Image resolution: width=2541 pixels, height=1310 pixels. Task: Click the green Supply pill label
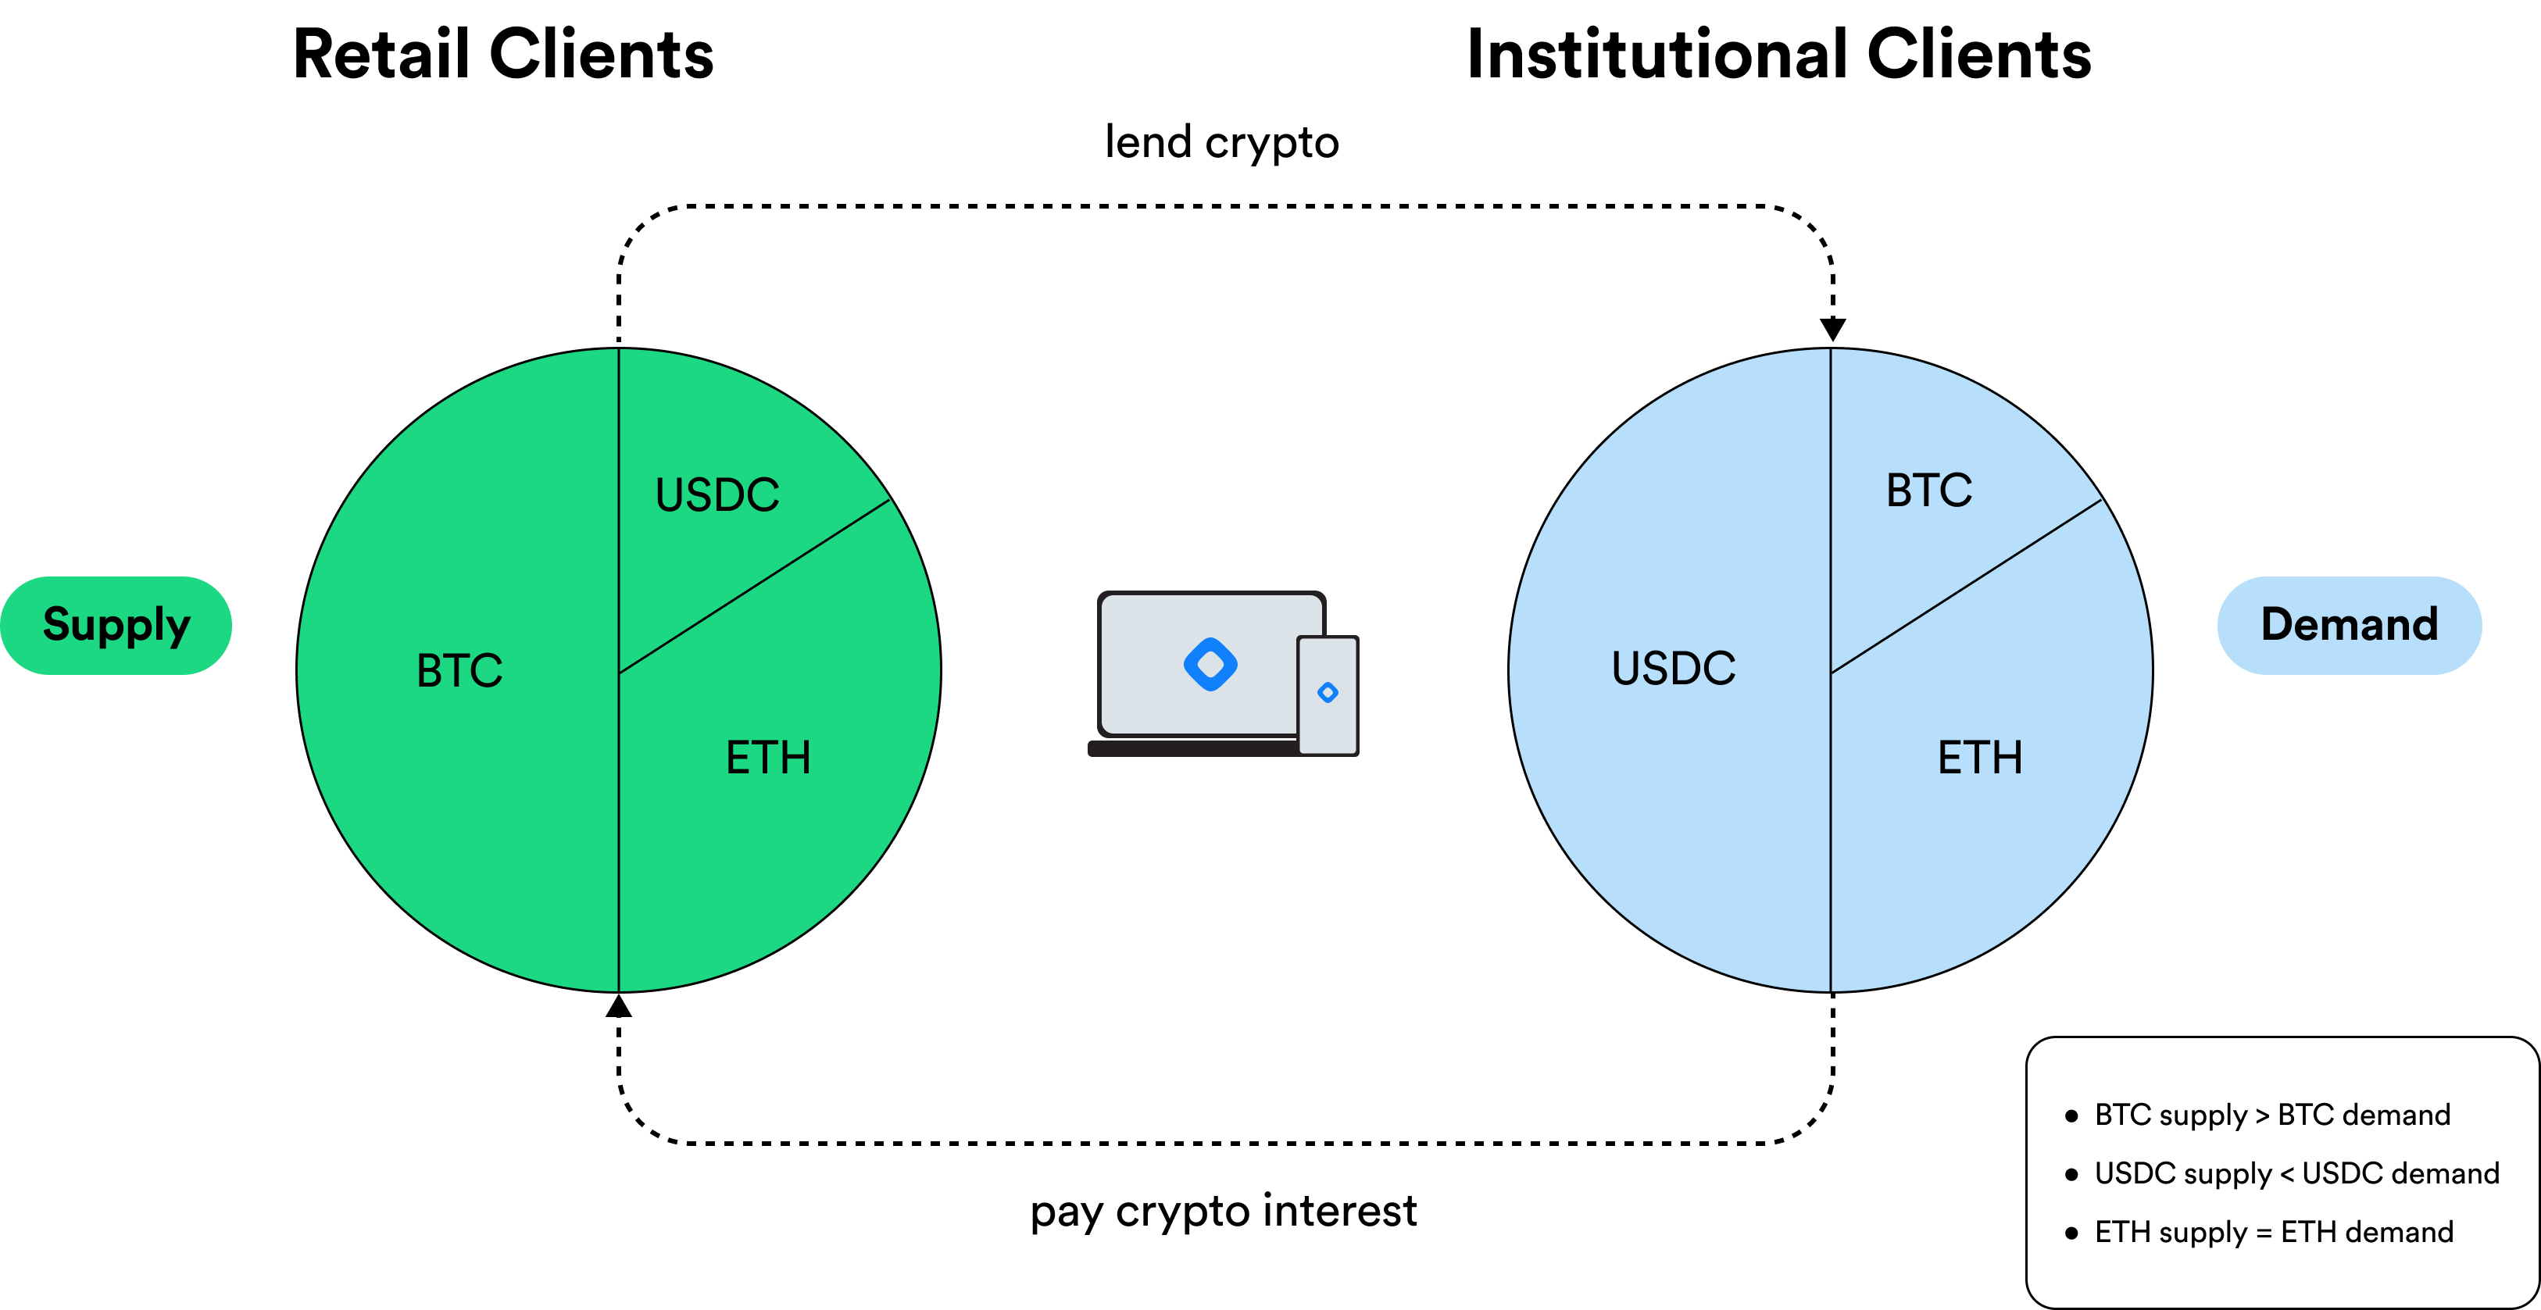pos(116,626)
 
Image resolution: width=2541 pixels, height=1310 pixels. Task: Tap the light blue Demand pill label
pos(2349,626)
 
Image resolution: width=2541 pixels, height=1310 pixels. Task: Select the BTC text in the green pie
pos(459,671)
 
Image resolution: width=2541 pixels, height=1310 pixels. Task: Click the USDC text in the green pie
pos(717,495)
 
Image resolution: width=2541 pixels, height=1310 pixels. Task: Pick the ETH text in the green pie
pos(768,758)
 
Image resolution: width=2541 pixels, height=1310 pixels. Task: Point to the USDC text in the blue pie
pos(1673,669)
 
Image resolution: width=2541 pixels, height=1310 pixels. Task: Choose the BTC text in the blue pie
pos(1928,491)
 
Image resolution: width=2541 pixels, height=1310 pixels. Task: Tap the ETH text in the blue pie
pos(1980,758)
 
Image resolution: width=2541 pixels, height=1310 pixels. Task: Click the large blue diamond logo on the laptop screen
pos(1210,664)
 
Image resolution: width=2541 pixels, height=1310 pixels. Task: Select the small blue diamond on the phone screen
pos(1328,692)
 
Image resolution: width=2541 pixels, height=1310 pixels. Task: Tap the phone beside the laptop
pos(1328,730)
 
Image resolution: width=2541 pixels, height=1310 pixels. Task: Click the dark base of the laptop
pos(1184,748)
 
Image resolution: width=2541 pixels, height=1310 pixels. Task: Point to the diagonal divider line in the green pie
pos(755,587)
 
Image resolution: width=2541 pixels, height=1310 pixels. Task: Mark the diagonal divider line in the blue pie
pos(1967,587)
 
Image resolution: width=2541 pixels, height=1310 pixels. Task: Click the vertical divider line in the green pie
pos(619,838)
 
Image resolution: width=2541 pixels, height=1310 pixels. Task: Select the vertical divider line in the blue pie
pos(1831,838)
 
